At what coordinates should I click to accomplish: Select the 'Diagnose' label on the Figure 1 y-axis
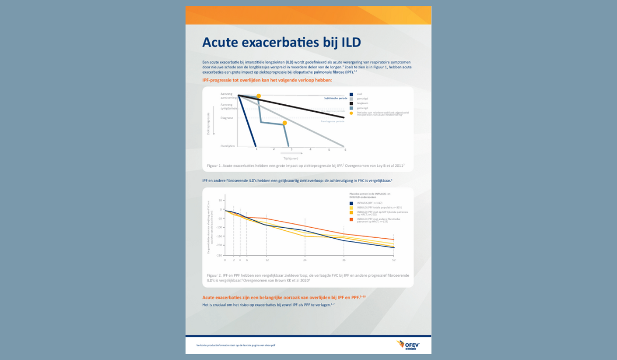[x=227, y=118]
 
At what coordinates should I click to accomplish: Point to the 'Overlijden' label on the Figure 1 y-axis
[x=227, y=146]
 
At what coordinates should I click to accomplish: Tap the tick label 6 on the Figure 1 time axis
[x=345, y=150]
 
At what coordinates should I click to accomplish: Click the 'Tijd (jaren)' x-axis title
[x=290, y=158]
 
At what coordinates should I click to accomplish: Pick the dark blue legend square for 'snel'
[x=351, y=94]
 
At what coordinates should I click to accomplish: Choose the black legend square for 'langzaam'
[x=351, y=103]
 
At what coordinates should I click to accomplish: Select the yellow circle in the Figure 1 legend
[x=351, y=113]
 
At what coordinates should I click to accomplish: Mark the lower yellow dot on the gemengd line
[x=284, y=123]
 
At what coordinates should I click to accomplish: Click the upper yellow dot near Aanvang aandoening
[x=258, y=96]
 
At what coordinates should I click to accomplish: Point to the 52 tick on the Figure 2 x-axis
[x=394, y=260]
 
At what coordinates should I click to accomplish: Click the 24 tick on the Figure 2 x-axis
[x=305, y=260]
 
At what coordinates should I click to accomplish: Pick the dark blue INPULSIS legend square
[x=351, y=203]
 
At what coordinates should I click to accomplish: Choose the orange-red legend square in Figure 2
[x=351, y=219]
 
